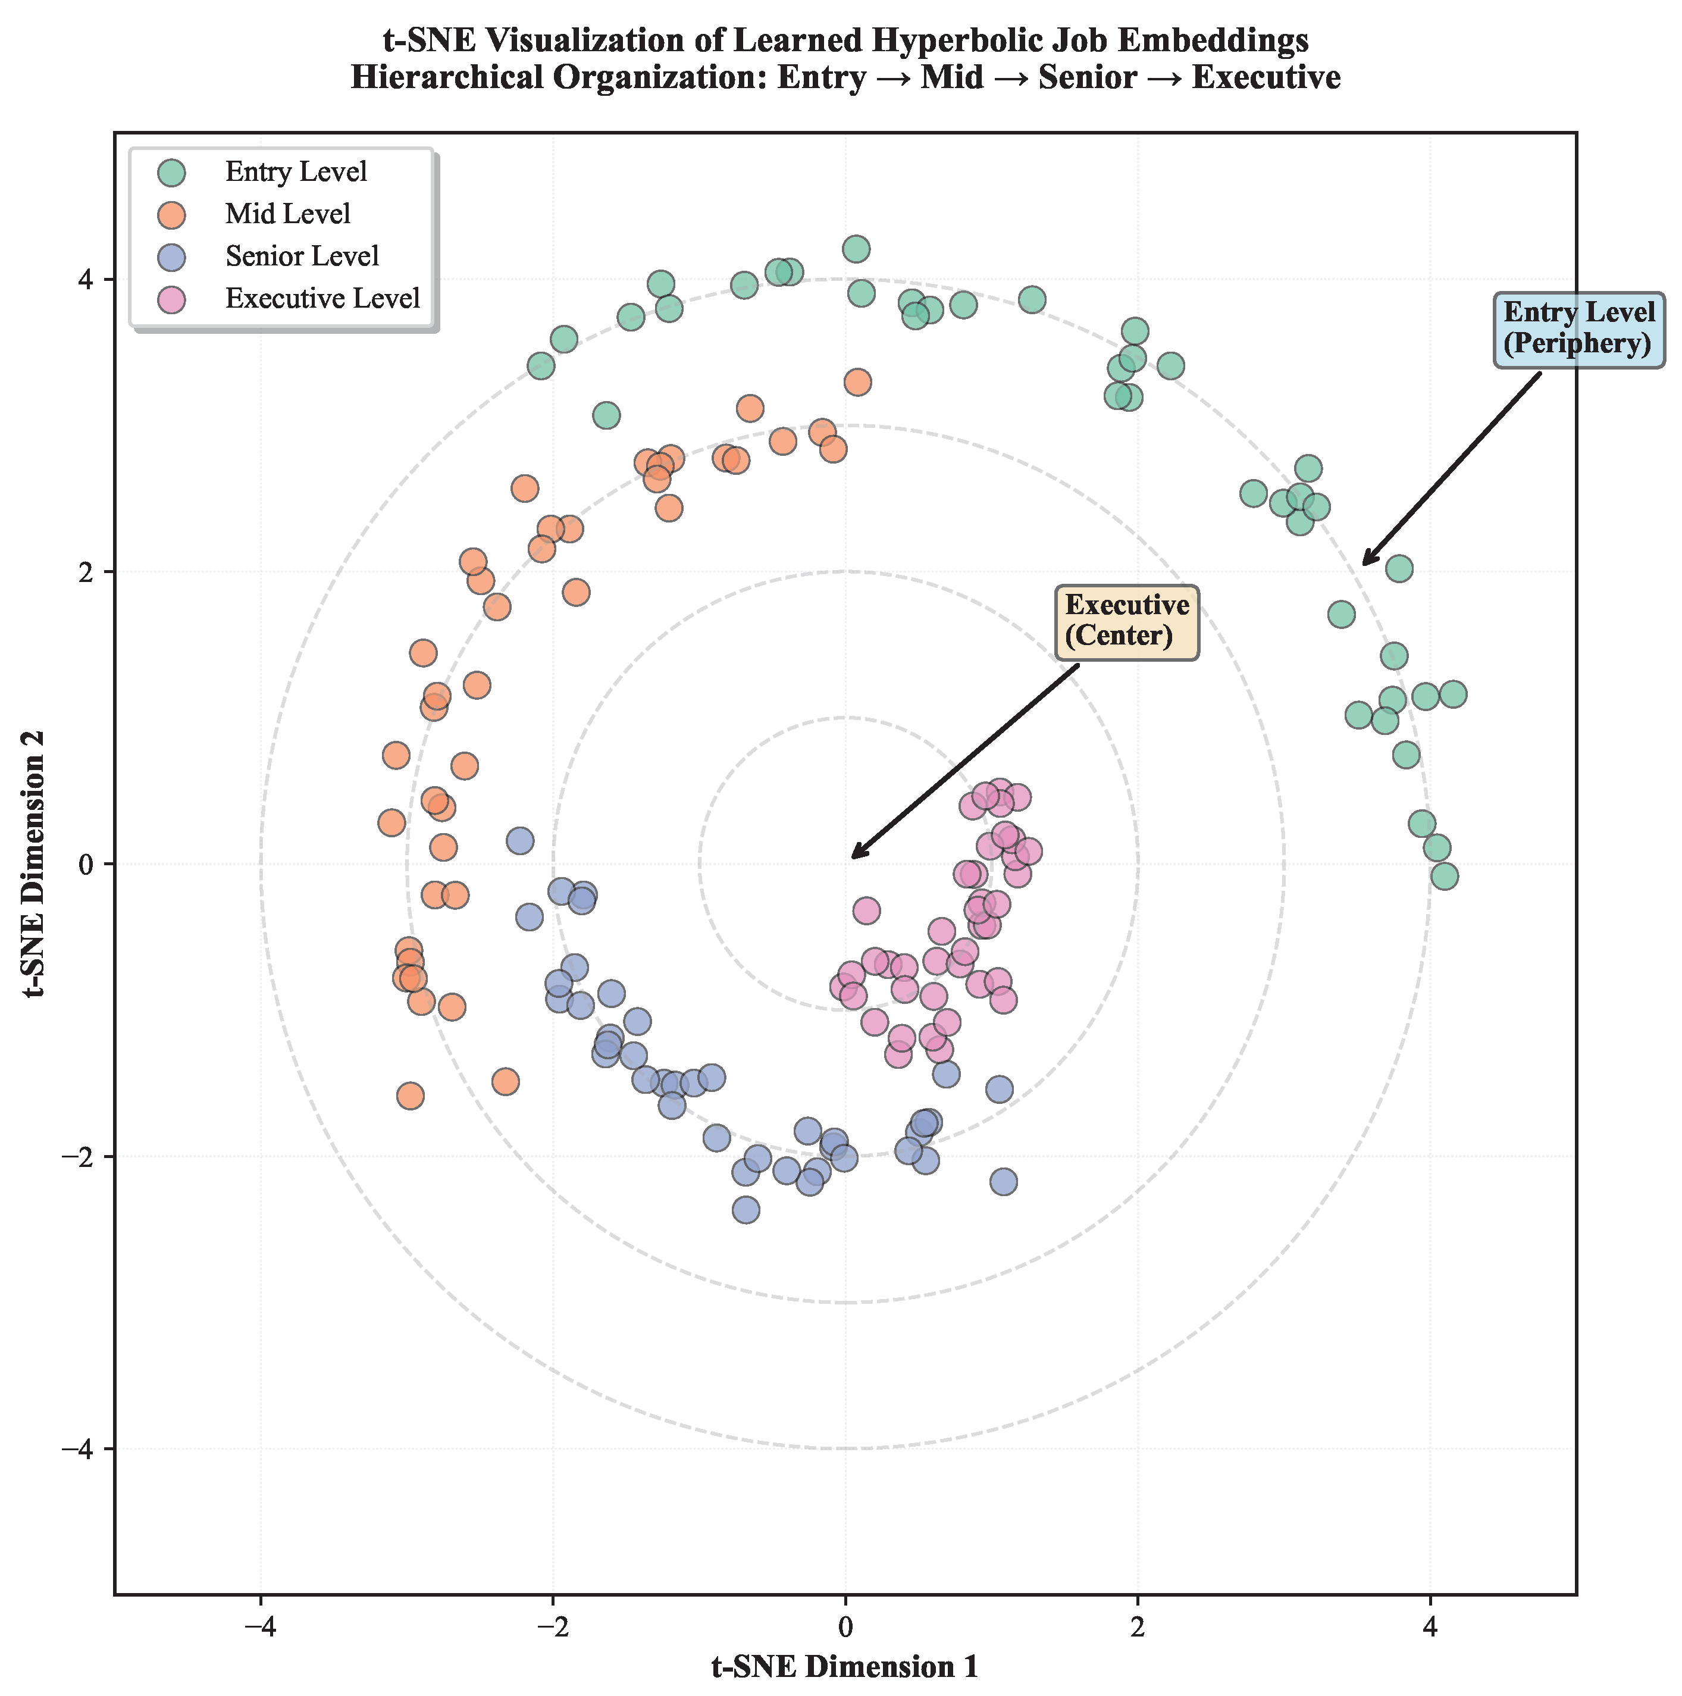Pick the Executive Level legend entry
322,299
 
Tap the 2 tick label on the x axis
1138,1626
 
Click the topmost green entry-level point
856,249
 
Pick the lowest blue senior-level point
746,1210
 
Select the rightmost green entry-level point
1453,694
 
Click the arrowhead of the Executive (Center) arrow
853,857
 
